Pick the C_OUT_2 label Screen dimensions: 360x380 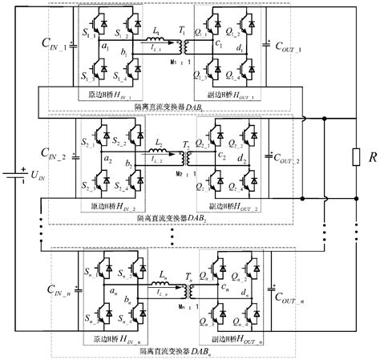[x=289, y=160]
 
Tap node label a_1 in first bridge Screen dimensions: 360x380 [x=103, y=48]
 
